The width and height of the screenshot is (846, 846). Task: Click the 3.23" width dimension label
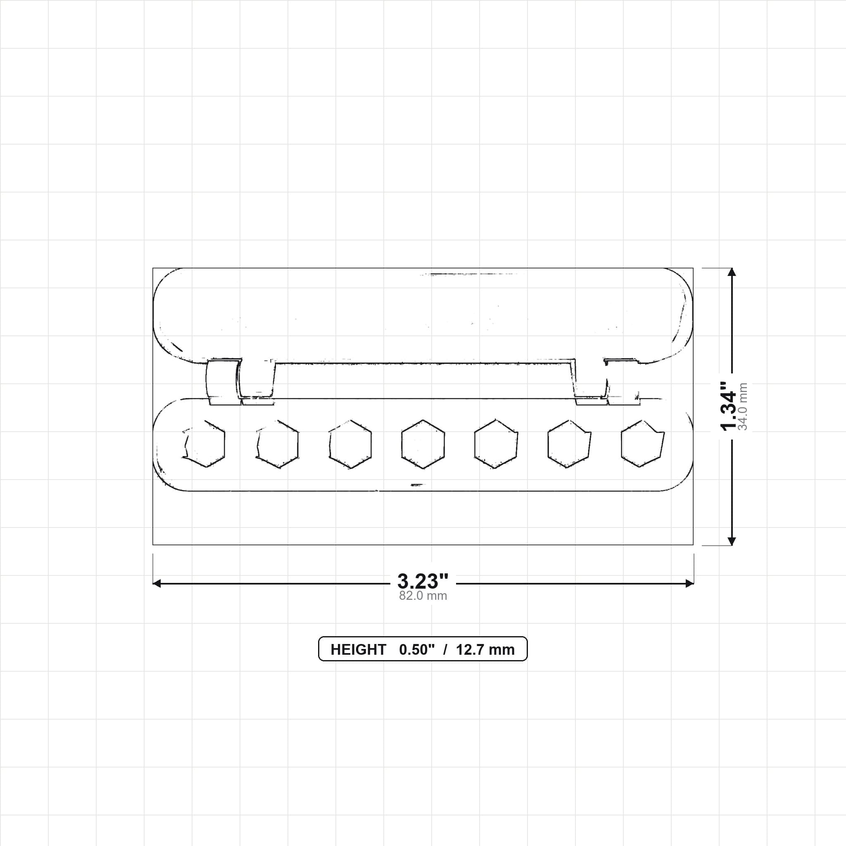[x=423, y=582]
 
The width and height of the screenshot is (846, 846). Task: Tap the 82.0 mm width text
[x=423, y=596]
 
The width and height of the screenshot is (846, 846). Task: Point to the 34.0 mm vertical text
[x=743, y=406]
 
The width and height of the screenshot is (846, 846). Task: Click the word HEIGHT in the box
[x=358, y=649]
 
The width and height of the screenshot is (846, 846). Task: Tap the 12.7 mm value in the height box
[x=485, y=649]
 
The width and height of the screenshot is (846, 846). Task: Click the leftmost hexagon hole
[x=204, y=444]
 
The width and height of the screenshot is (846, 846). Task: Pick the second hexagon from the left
[x=277, y=444]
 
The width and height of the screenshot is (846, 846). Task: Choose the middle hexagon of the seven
[x=423, y=444]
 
